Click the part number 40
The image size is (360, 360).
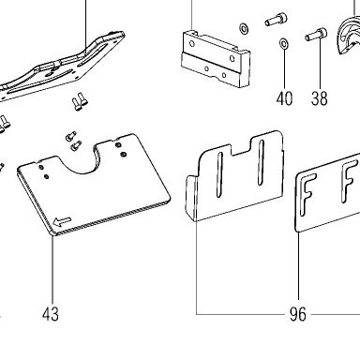[x=284, y=98]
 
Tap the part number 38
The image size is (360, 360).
[x=319, y=98]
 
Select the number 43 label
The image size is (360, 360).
[x=51, y=314]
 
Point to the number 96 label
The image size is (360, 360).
[x=298, y=314]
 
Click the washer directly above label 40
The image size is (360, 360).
[x=284, y=43]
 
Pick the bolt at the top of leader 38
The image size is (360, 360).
[x=316, y=35]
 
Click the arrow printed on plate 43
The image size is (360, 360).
[x=63, y=222]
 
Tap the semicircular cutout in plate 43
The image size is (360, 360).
[x=82, y=159]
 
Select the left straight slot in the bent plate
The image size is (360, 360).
[x=219, y=174]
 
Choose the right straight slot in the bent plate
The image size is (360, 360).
[x=260, y=162]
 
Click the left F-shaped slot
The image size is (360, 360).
[x=306, y=195]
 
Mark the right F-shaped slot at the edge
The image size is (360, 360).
[x=350, y=181]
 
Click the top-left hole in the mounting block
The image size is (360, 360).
[x=192, y=44]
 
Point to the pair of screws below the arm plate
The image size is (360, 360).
[x=80, y=101]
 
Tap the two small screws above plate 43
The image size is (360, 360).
[x=73, y=141]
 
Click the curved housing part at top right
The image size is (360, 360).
[x=350, y=37]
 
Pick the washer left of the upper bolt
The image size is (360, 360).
[x=244, y=28]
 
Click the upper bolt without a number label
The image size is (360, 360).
[x=275, y=20]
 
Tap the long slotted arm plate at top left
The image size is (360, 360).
[x=63, y=67]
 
